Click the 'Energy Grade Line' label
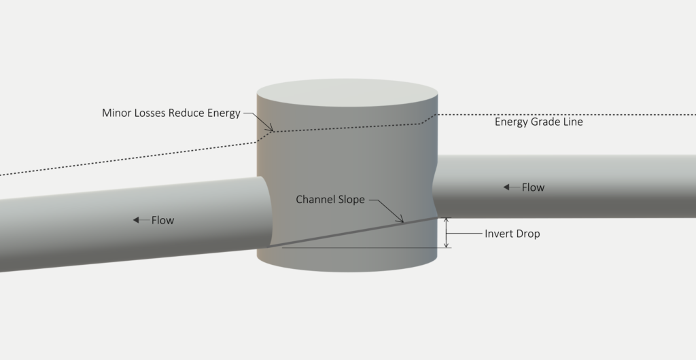(538, 122)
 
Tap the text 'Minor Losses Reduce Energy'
(171, 113)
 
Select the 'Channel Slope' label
(330, 200)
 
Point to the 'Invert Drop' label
(512, 234)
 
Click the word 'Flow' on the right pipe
(533, 187)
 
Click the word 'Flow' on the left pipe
(162, 220)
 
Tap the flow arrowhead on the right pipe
(507, 187)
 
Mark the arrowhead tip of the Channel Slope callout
(404, 222)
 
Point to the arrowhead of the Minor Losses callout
(273, 130)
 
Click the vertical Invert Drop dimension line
(447, 233)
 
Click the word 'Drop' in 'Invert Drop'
(527, 234)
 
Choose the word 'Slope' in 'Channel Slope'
(350, 200)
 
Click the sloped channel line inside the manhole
(353, 233)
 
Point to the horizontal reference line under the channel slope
(360, 248)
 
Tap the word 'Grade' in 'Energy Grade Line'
(547, 122)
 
